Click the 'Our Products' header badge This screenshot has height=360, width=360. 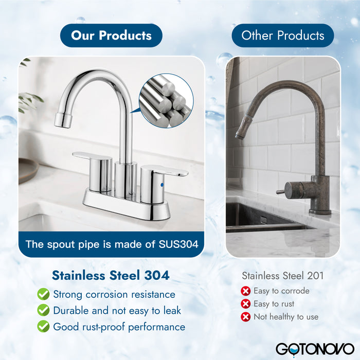111,35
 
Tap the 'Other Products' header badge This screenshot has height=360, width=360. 283,35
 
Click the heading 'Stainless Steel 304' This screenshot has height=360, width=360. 111,275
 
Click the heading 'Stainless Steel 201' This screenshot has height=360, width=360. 283,276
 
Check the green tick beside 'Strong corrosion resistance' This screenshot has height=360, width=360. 43,294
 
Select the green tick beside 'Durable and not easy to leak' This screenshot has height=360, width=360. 43,311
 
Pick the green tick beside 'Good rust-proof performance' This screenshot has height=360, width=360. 43,327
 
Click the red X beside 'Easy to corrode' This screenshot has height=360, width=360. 246,291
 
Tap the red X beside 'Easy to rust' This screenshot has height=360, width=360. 246,304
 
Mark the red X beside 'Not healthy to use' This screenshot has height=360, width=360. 246,317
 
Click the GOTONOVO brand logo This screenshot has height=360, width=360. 314,348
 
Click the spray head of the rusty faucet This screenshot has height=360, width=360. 241,132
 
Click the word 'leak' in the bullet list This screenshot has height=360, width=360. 170,311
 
